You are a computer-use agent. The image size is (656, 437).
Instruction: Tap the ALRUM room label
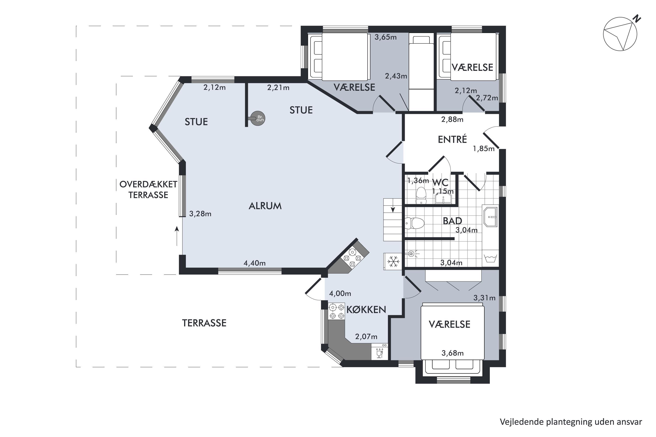coord(265,206)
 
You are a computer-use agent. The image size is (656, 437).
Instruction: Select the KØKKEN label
coord(366,309)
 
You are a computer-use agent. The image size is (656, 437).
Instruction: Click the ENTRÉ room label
coord(452,139)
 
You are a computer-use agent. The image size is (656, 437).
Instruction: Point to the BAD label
coord(452,221)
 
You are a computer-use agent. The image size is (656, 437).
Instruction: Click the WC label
coord(440,183)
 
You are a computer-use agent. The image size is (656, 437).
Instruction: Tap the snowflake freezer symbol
coord(393,261)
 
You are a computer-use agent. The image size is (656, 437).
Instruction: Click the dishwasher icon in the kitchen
coord(379,352)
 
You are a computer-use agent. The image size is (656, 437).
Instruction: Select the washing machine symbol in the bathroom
coord(490,258)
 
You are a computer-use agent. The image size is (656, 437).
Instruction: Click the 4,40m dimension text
coord(255,263)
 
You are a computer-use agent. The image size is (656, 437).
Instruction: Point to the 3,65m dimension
coord(385,37)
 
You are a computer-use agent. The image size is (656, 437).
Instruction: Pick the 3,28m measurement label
coord(200,214)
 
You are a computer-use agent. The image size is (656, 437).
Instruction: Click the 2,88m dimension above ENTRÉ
coord(452,119)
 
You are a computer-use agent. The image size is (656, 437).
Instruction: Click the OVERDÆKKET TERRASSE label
coord(148,190)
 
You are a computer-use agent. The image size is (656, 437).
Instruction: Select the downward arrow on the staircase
coord(393,209)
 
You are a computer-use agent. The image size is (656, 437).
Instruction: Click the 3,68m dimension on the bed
coord(452,353)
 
